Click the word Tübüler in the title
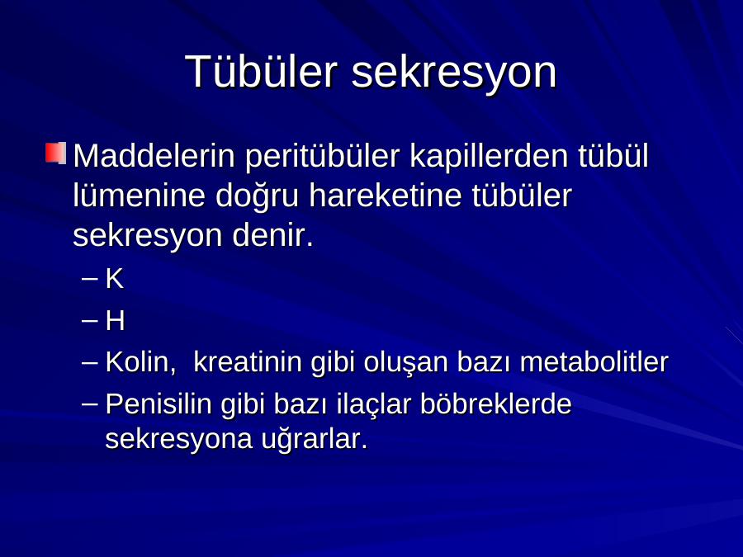(x=262, y=71)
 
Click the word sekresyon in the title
(x=454, y=73)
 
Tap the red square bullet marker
(x=55, y=153)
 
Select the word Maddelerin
(x=154, y=155)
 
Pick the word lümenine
(x=139, y=195)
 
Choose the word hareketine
(x=386, y=195)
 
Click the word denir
(x=272, y=235)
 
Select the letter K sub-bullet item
(x=114, y=279)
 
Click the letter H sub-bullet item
(x=115, y=321)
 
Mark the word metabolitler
(x=594, y=362)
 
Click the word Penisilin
(x=159, y=404)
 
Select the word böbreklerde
(x=495, y=404)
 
